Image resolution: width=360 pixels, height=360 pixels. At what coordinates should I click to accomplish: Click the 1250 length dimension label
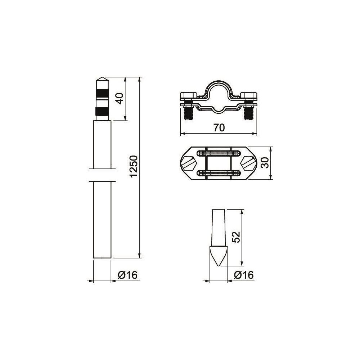point(134,166)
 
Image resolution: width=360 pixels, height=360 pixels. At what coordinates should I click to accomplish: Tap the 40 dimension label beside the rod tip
point(120,98)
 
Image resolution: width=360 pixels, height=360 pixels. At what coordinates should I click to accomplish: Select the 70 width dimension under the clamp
point(219,128)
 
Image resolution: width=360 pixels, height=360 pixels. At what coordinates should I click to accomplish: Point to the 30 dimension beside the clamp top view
point(265,163)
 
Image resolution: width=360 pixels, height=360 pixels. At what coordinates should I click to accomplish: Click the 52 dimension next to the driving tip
point(236,237)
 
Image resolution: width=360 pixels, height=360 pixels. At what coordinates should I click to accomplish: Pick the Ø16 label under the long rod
point(128,275)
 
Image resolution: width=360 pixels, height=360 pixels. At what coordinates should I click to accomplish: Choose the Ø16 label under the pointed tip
point(244,275)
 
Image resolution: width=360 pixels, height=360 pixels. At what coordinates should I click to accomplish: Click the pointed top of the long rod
point(102,77)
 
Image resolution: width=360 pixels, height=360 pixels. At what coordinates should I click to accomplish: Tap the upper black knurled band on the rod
point(102,94)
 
